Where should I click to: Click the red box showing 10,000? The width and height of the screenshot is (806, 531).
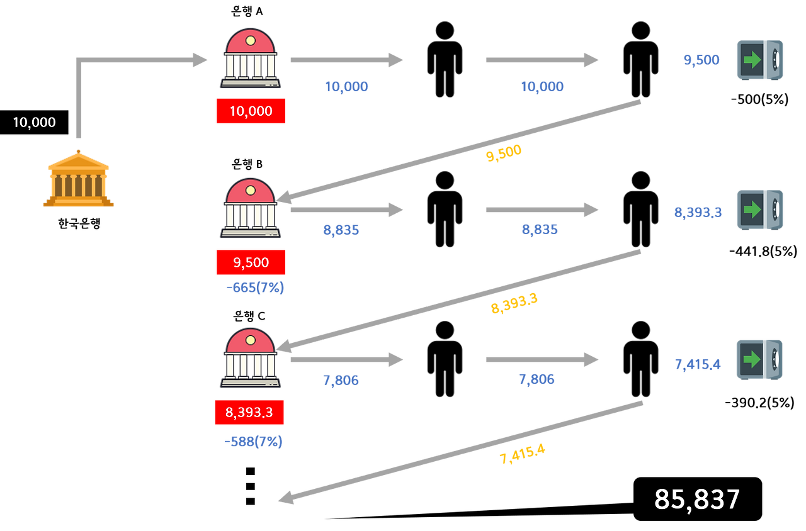pos(251,111)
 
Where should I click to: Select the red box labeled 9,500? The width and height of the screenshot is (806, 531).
pos(251,262)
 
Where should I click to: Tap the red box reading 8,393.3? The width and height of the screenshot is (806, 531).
pos(249,413)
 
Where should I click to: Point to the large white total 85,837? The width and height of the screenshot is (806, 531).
pos(697,500)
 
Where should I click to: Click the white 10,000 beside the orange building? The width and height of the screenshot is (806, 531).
pos(34,122)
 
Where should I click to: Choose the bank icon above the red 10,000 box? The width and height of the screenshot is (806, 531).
pos(250,59)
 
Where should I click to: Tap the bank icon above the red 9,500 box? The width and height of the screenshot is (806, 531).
pos(250,208)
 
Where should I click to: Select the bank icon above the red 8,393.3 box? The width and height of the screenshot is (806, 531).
pos(250,357)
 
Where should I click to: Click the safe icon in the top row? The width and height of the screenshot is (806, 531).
pos(759,60)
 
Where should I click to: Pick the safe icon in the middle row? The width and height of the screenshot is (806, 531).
pos(759,210)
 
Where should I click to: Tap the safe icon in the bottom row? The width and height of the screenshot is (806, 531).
pos(759,359)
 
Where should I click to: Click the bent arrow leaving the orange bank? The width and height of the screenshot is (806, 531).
pos(126,60)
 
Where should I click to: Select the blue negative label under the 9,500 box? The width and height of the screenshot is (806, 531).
pos(254,288)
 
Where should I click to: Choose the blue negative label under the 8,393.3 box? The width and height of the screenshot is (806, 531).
pos(253,442)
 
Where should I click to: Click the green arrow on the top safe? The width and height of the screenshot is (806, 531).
pos(752,60)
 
